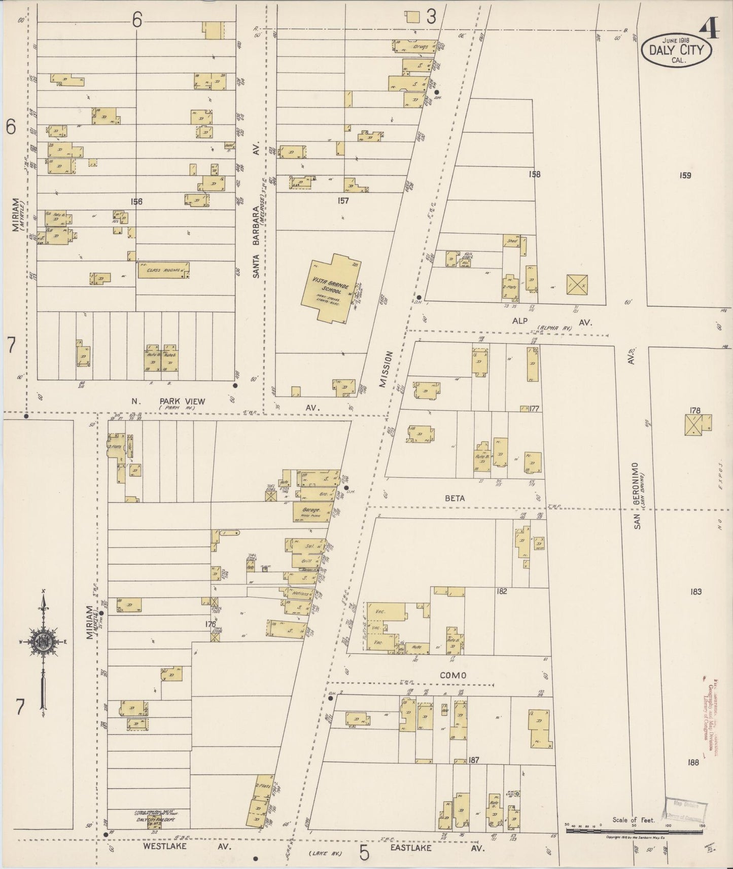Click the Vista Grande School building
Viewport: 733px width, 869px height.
tap(330, 287)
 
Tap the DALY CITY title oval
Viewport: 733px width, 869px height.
tap(677, 51)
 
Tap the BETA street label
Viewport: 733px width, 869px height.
tap(455, 498)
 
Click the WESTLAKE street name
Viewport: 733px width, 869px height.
tap(164, 846)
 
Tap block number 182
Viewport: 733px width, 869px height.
tap(502, 591)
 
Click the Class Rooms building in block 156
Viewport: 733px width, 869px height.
tap(162, 270)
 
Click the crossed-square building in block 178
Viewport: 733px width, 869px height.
tap(697, 424)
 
